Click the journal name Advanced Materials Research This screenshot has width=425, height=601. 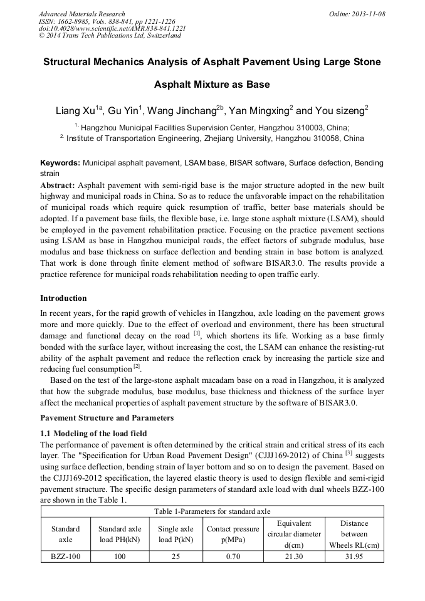point(81,14)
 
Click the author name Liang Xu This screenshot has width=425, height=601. point(75,112)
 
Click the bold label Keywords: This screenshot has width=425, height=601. point(60,163)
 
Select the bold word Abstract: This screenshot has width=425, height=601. point(58,186)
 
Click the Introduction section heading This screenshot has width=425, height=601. point(63,298)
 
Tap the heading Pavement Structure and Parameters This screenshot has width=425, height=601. point(107,417)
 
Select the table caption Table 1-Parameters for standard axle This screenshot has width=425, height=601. point(212,511)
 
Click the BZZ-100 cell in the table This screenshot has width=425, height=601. point(66,556)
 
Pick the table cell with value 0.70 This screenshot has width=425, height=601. point(233,556)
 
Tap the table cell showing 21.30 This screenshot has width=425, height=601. point(294,556)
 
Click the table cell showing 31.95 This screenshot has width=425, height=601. point(354,556)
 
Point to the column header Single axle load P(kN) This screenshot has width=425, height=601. point(176,534)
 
